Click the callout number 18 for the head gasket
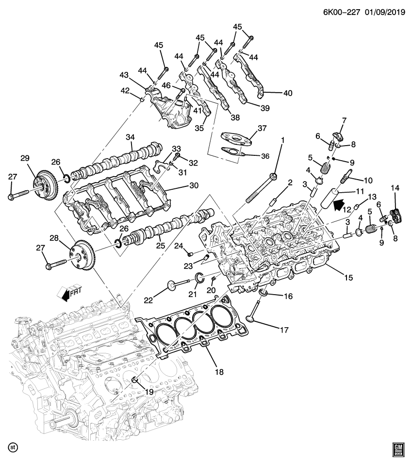coord(219,372)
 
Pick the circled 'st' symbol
coord(13,447)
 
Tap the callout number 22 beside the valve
coord(148,300)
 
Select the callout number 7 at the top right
coord(344,119)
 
